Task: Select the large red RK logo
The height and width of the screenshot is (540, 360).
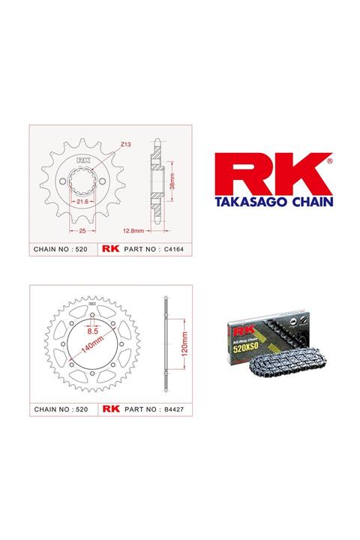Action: coord(268,174)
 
